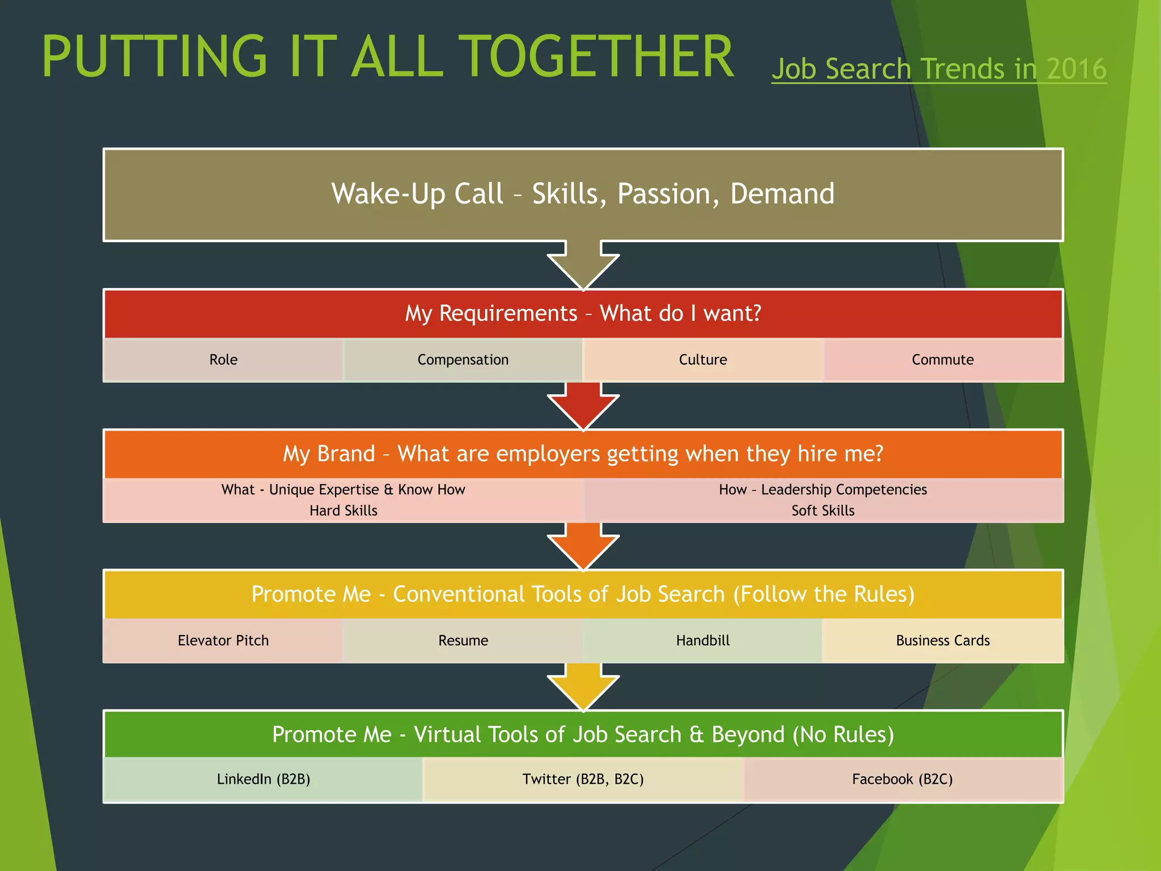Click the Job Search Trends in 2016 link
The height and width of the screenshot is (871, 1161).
coord(939,69)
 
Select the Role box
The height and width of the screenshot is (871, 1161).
coord(223,360)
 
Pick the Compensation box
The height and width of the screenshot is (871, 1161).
coord(463,360)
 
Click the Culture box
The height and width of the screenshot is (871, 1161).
coord(703,360)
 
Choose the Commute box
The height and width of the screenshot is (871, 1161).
coord(943,360)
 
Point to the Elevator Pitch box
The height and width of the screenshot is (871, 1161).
coord(223,640)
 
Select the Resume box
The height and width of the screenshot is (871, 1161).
coord(463,640)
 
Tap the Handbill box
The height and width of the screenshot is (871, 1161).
coord(703,640)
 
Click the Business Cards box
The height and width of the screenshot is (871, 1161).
coord(943,640)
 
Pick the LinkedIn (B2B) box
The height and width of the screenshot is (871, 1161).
coord(264,779)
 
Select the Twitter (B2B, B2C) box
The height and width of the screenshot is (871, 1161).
coord(583,779)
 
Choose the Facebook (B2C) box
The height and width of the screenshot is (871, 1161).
coord(902,779)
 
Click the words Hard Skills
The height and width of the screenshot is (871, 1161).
coord(344,510)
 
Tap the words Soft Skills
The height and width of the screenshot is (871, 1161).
coord(823,510)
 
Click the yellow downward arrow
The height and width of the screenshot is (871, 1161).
coord(583,687)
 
